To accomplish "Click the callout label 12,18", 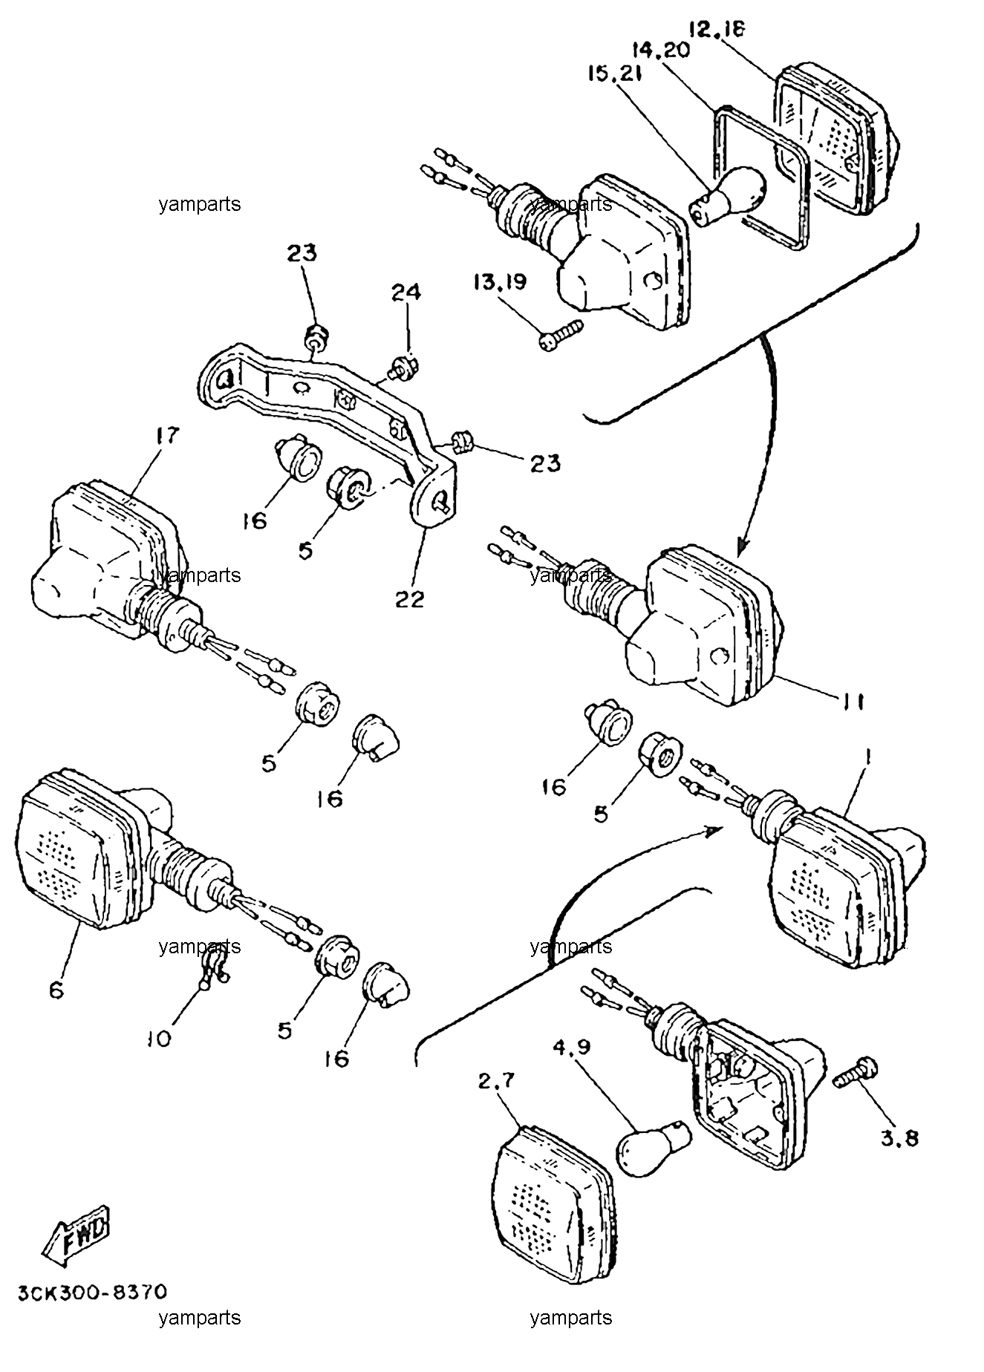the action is pyautogui.click(x=717, y=30).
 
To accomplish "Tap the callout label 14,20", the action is pyautogui.click(x=661, y=50).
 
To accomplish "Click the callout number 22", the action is pyautogui.click(x=409, y=598).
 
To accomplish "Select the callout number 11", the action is pyautogui.click(x=853, y=702).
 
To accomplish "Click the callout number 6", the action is pyautogui.click(x=57, y=990).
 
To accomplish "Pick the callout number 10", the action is pyautogui.click(x=160, y=1037).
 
